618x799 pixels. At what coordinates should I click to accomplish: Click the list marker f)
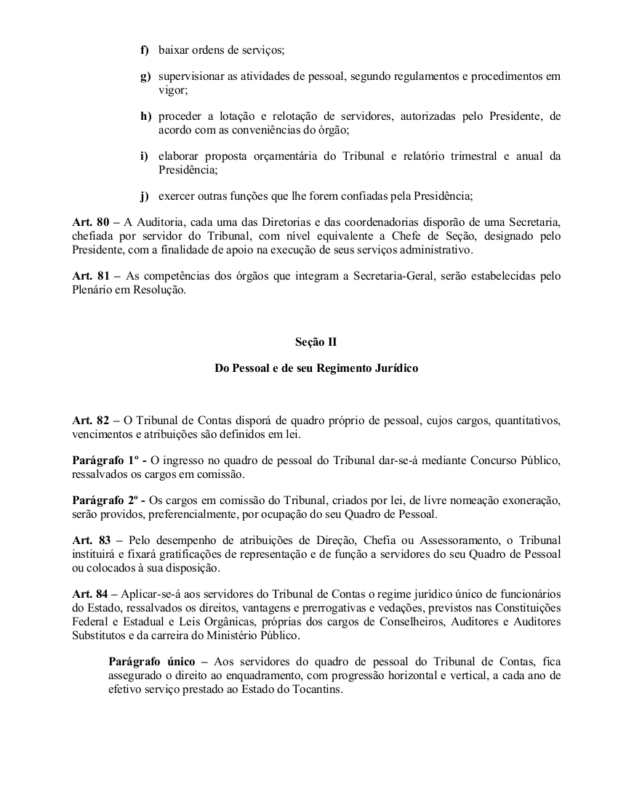click(145, 50)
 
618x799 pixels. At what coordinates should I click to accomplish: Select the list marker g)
click(145, 76)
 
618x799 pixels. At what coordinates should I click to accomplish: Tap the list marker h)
click(145, 116)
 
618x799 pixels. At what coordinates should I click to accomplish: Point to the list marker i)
click(145, 156)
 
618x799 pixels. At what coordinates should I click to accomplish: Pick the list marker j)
click(145, 196)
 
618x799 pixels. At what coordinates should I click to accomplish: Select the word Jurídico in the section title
click(393, 368)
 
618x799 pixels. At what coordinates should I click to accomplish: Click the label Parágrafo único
click(150, 662)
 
